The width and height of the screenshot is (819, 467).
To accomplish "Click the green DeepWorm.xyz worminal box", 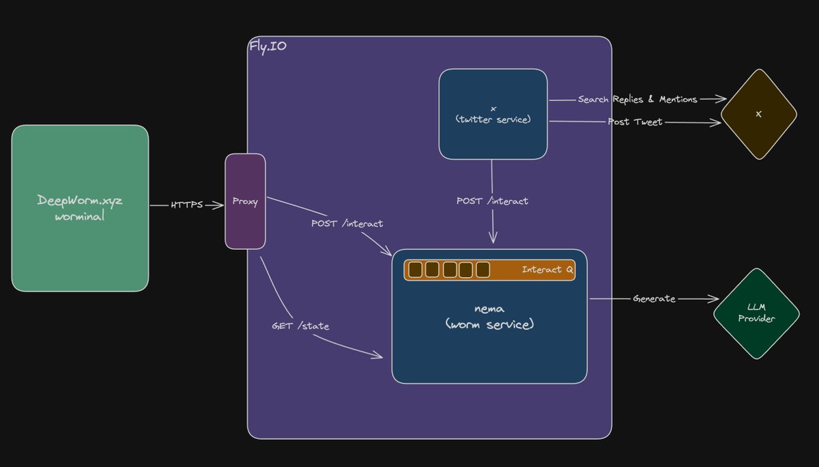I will [x=80, y=208].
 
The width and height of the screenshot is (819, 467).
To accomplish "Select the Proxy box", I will [x=245, y=201].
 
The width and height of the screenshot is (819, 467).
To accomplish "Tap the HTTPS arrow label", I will [x=187, y=205].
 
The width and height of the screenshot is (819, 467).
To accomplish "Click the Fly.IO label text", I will [x=267, y=46].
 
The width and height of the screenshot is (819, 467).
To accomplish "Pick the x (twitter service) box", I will [x=493, y=113].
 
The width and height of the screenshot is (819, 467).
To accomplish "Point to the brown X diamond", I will [x=759, y=114].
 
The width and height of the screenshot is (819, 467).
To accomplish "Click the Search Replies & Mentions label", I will [x=637, y=100].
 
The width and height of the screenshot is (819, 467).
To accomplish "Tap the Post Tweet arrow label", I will [x=635, y=122].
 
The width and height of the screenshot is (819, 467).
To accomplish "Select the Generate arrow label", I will [x=654, y=298].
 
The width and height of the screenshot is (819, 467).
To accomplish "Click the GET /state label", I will [x=300, y=326].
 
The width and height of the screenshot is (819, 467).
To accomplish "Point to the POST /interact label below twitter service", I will [x=492, y=201].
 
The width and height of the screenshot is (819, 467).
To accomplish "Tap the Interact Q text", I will [x=547, y=270].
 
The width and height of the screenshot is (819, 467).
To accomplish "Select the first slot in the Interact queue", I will [x=415, y=270].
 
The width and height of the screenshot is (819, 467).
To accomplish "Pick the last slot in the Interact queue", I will [x=483, y=270].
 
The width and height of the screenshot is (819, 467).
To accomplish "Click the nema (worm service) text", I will [x=489, y=317].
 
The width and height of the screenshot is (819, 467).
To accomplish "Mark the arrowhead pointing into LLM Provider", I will [x=715, y=299].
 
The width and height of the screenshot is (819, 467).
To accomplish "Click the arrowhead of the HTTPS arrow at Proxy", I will [x=220, y=205].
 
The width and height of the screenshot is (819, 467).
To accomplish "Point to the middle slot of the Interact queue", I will [x=450, y=270].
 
